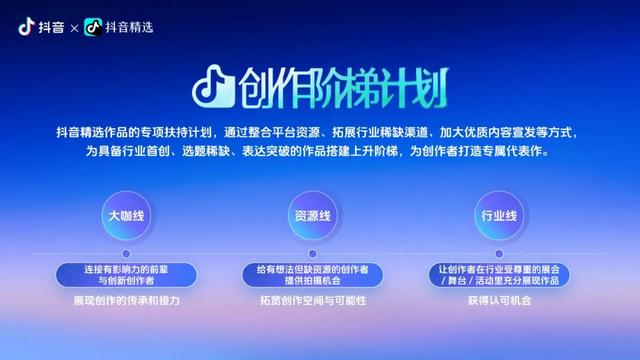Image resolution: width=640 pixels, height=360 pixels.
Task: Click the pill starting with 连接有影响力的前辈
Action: (127, 276)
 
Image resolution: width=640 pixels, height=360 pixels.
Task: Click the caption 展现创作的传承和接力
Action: (127, 300)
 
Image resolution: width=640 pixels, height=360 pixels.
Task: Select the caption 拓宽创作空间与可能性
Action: (312, 300)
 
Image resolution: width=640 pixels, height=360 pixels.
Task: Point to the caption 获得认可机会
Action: (498, 300)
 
